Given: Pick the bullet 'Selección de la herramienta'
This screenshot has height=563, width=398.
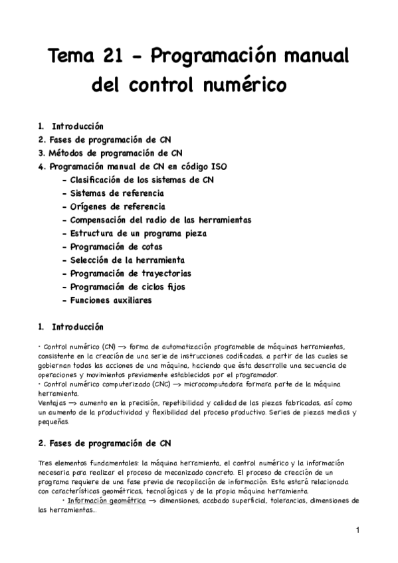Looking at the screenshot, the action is tap(128, 260).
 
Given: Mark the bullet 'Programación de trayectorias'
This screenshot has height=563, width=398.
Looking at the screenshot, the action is tap(131, 274).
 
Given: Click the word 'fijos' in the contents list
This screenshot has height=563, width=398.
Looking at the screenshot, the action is tap(173, 287).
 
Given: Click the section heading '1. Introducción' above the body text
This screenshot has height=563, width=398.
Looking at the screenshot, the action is tap(71, 327).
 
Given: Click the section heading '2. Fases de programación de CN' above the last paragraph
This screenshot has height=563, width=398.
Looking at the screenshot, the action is tap(106, 443).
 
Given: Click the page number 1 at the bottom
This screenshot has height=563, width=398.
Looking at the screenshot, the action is tap(357, 530).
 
